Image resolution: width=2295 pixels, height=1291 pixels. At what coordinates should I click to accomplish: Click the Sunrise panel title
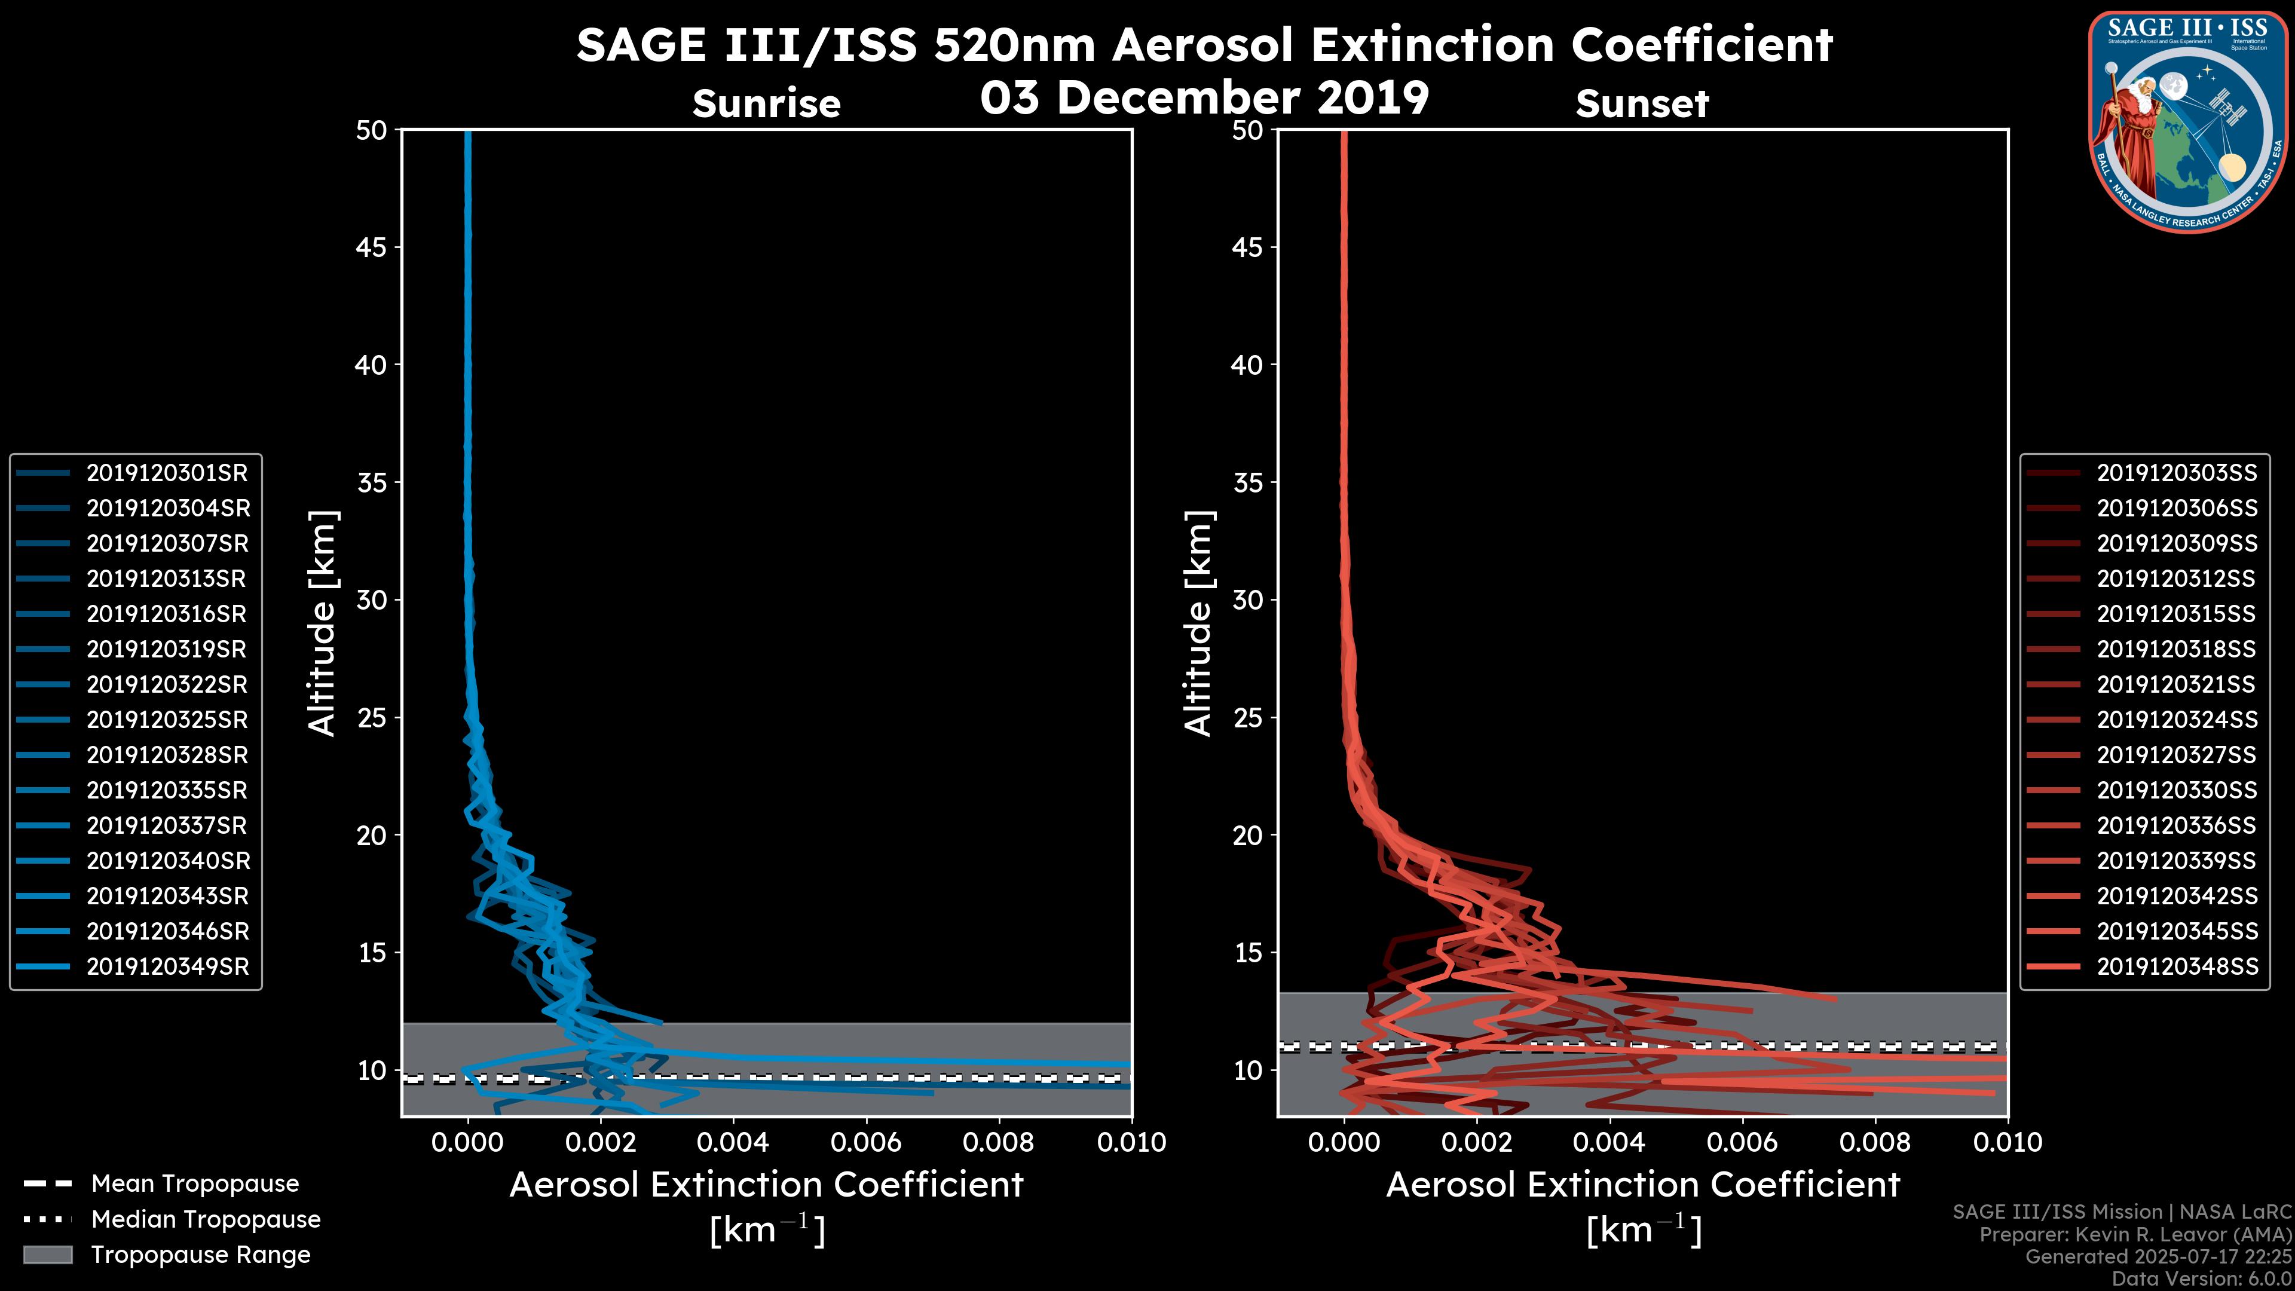tap(766, 104)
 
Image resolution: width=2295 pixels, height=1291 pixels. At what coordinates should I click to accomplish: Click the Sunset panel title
tap(1642, 104)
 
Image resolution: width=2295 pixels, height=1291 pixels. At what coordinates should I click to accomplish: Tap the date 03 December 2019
tap(1204, 97)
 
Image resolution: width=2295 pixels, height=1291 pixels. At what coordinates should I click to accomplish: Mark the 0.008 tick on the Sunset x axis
tap(1875, 1142)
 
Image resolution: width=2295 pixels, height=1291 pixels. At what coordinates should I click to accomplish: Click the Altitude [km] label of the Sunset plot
tap(1199, 623)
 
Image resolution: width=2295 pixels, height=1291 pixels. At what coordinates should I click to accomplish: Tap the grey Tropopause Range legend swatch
tap(48, 1255)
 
